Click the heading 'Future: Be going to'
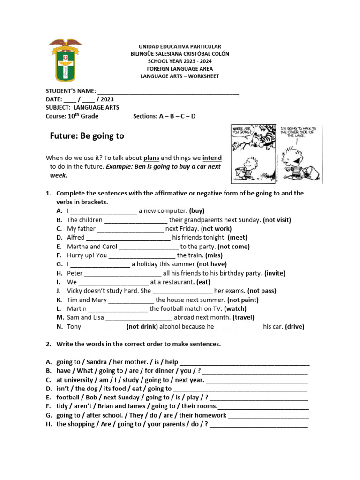point(87,136)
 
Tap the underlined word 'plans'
point(151,158)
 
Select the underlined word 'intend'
point(212,158)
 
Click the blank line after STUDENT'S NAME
point(168,91)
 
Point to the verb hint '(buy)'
point(197,211)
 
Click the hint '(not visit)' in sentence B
point(277,220)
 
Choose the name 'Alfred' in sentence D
point(76,238)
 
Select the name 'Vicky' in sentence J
point(75,291)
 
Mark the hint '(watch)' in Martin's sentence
point(235,309)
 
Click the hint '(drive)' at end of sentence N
point(294,327)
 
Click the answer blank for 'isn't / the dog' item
point(240,389)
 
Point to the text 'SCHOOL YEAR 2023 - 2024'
point(180,61)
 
